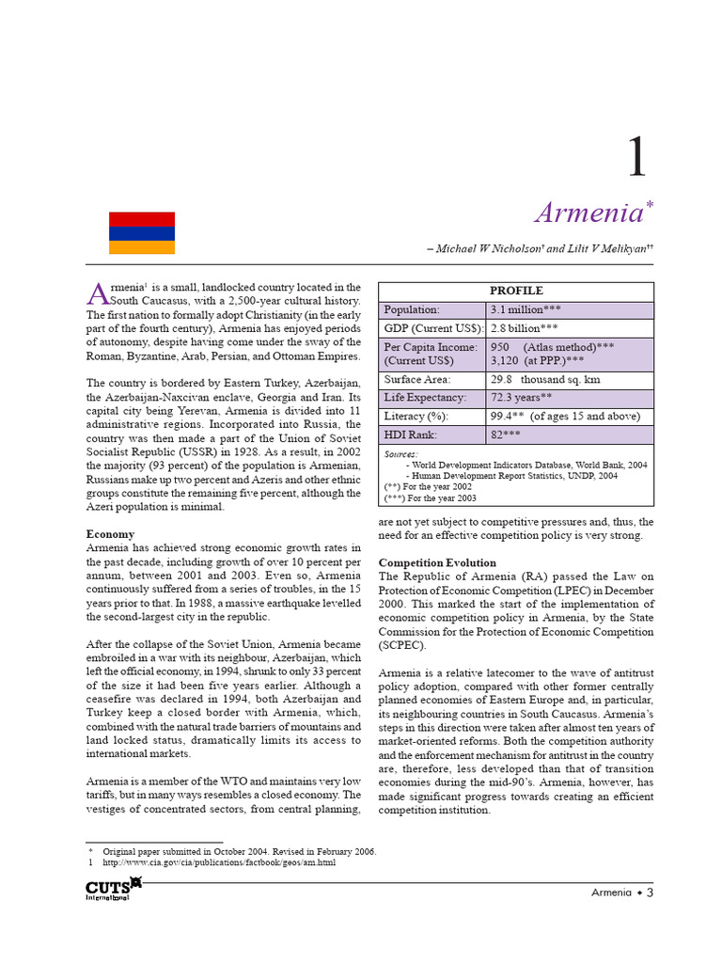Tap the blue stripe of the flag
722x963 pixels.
pos(142,233)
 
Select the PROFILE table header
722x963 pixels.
pos(515,291)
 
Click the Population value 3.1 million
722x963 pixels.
pos(524,309)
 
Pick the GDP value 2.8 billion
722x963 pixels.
pos(524,328)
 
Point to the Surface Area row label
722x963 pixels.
pos(417,380)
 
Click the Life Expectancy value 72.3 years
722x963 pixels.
pos(519,398)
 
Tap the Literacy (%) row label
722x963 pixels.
pos(416,416)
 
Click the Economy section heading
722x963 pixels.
pos(110,533)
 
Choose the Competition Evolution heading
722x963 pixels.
pos(435,561)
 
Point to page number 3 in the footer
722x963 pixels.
pos(649,892)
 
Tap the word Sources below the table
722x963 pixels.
pos(401,453)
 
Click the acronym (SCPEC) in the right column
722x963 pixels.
pos(402,646)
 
